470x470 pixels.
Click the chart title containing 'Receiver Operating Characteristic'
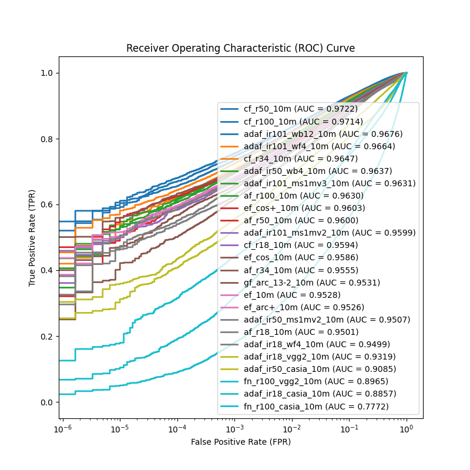pyautogui.click(x=240, y=48)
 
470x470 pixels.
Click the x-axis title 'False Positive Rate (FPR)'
pyautogui.click(x=240, y=442)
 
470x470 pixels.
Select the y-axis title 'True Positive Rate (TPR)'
pyautogui.click(x=32, y=237)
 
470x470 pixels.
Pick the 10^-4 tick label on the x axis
pyautogui.click(x=177, y=430)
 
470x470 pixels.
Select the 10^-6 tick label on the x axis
pyautogui.click(x=62, y=430)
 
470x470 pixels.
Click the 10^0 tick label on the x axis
pyautogui.click(x=406, y=430)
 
